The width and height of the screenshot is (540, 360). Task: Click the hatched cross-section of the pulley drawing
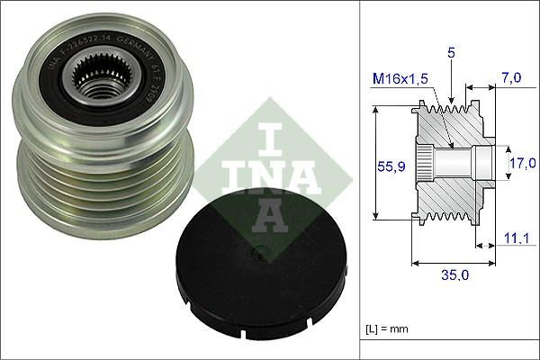pos(450,193)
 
